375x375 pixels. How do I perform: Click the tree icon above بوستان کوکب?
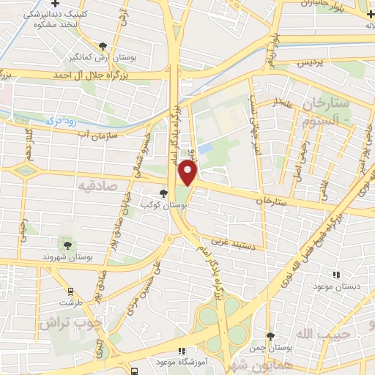(x=163, y=194)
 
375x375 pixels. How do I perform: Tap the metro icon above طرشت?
(x=71, y=290)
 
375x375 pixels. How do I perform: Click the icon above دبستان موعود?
(x=335, y=274)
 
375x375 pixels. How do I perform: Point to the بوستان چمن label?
(x=271, y=347)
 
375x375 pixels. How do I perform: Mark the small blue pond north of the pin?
(x=206, y=149)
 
